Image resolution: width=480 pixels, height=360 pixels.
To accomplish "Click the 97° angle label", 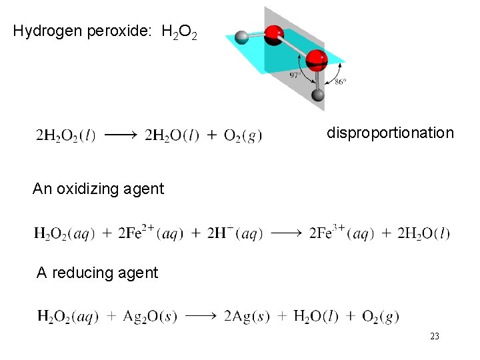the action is point(295,75).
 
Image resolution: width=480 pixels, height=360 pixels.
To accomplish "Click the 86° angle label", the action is point(340,82).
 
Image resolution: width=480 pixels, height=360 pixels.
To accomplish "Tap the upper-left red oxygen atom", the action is point(274,35).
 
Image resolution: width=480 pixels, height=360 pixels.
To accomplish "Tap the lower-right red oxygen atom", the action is point(317,60).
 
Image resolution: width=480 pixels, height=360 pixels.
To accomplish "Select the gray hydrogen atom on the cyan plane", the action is point(242,37).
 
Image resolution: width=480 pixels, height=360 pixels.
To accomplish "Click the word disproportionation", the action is point(390,133).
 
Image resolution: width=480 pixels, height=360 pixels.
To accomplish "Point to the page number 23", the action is point(435,337).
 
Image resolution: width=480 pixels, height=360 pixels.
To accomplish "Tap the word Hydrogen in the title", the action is point(48,31).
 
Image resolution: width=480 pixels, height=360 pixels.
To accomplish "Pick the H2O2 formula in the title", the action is point(179,32).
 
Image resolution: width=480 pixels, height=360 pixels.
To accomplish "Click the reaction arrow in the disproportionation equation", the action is point(120,135).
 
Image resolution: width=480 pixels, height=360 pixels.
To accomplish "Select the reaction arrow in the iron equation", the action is point(287,233).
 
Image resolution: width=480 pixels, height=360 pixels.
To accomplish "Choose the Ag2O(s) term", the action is point(150,316).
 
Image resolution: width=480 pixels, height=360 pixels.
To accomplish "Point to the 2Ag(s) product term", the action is point(247,316).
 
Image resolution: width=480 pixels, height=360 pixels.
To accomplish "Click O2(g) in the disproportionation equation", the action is point(243,135).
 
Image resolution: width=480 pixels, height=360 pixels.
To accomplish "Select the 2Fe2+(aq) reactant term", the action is point(150,233).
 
